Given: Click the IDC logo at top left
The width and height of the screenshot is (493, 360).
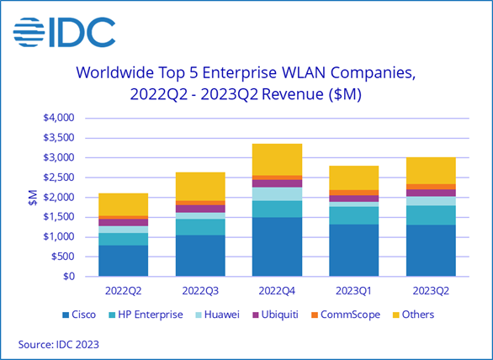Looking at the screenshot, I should click(64, 31).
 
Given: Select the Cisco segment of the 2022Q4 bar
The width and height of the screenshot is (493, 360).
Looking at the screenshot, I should click(277, 246).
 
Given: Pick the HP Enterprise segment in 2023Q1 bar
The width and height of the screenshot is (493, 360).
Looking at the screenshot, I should click(353, 215).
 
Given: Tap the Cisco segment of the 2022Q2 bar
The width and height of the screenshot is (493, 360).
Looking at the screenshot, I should click(124, 261).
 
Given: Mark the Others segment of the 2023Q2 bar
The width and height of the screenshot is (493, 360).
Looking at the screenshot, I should click(431, 171).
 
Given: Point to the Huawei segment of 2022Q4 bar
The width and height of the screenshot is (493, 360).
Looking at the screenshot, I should click(277, 194).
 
